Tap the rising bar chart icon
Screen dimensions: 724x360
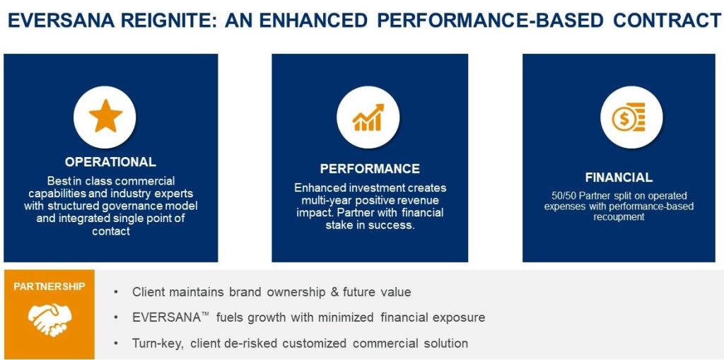point(368,117)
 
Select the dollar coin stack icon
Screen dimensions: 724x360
point(629,117)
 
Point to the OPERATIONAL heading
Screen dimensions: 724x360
point(110,162)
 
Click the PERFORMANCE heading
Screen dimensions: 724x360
point(370,168)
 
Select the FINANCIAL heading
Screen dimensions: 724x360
point(619,178)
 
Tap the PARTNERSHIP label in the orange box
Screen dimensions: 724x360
point(49,286)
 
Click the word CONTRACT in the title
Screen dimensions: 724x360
point(667,21)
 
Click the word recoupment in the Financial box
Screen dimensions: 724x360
point(619,216)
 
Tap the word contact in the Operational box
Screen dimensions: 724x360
point(111,231)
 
